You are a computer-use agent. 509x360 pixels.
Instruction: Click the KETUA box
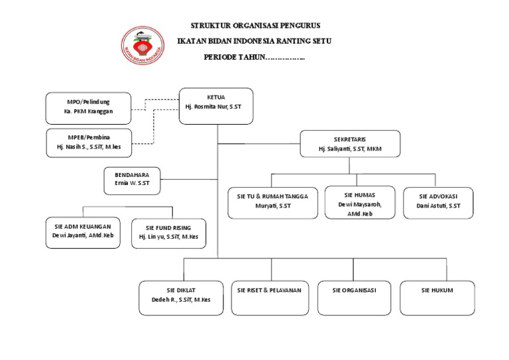coord(216,105)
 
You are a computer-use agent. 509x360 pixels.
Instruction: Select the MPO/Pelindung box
coord(88,107)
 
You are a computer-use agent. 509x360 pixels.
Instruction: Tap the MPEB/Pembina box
coord(88,143)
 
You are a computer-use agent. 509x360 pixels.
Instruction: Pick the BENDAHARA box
coord(132,180)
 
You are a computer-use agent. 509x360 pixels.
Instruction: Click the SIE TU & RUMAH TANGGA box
coord(273,202)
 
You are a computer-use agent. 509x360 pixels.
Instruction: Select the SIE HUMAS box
coord(359,202)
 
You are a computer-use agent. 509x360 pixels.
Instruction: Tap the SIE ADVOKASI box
coord(438,202)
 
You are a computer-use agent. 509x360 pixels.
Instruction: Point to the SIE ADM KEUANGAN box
coord(83,232)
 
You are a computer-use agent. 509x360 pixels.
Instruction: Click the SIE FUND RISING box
coord(168,233)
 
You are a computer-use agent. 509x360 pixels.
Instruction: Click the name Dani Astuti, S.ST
coord(438,206)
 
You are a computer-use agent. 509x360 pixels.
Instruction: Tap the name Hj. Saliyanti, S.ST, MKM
coord(350,150)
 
